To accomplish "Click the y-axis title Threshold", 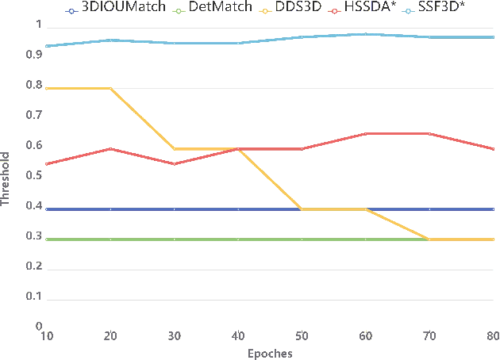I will pos(6,179).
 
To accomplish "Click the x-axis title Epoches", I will pos(269,354).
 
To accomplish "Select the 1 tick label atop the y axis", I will pos(37,25).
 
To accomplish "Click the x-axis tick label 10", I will pos(46,336).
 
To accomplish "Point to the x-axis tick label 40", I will pos(239,336).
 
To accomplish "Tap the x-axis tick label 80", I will pos(493,336).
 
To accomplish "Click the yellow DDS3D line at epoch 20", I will pos(110,88).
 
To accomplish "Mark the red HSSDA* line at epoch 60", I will pos(366,133).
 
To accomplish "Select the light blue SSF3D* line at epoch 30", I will pos(174,43).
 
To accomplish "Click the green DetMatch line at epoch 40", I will pos(238,239).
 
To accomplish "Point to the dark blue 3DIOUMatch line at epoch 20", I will pos(110,209).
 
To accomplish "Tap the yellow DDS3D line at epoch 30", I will pos(174,148).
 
